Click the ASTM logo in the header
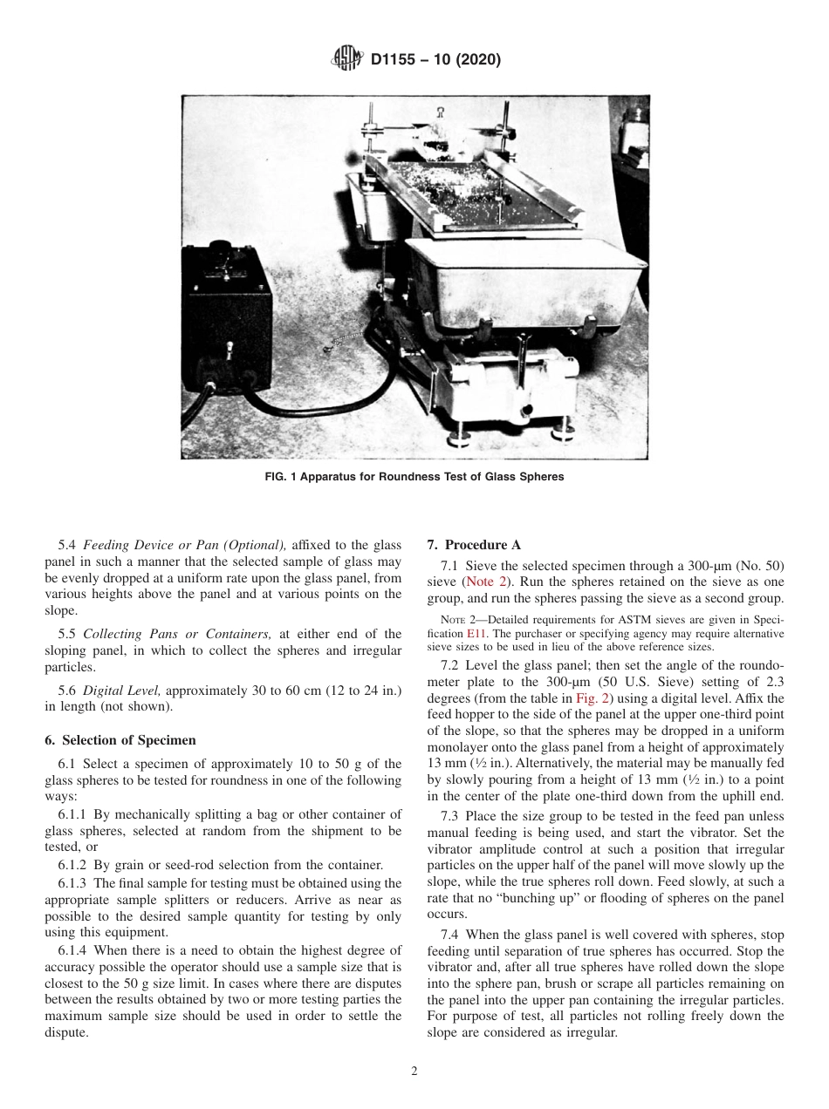[347, 60]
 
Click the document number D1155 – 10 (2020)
[435, 60]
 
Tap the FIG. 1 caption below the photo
[414, 477]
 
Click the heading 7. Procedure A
[474, 545]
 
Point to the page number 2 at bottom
[414, 1072]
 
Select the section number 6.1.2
[72, 865]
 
